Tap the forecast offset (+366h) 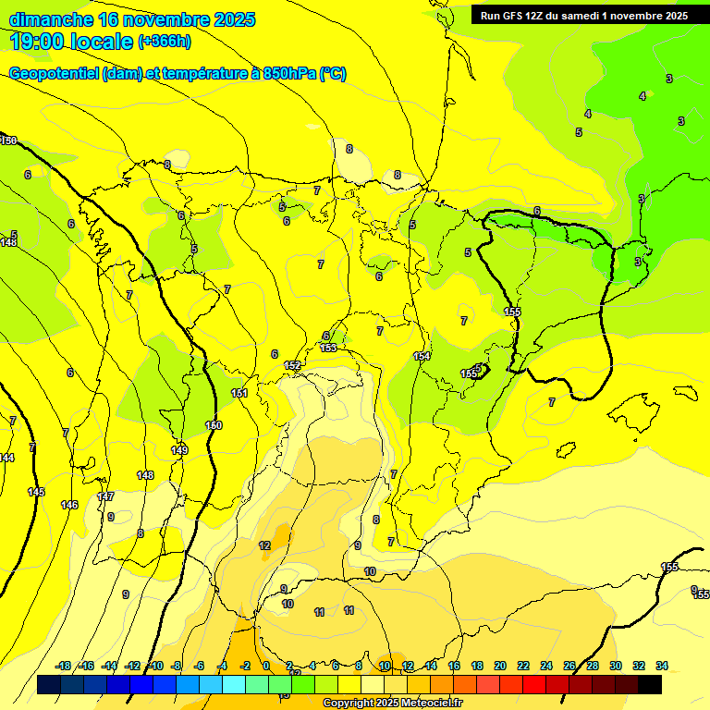pyautogui.click(x=164, y=42)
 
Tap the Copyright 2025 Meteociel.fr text pyautogui.click(x=392, y=703)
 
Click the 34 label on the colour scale pyautogui.click(x=662, y=666)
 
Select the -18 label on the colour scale pyautogui.click(x=64, y=666)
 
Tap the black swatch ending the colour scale pyautogui.click(x=650, y=684)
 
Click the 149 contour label pyautogui.click(x=179, y=450)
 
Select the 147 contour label pyautogui.click(x=105, y=496)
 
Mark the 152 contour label pyautogui.click(x=292, y=366)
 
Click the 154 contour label pyautogui.click(x=422, y=356)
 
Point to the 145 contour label pyautogui.click(x=36, y=492)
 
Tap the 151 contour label pyautogui.click(x=239, y=393)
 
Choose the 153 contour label pyautogui.click(x=328, y=348)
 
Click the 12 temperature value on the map pyautogui.click(x=264, y=545)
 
